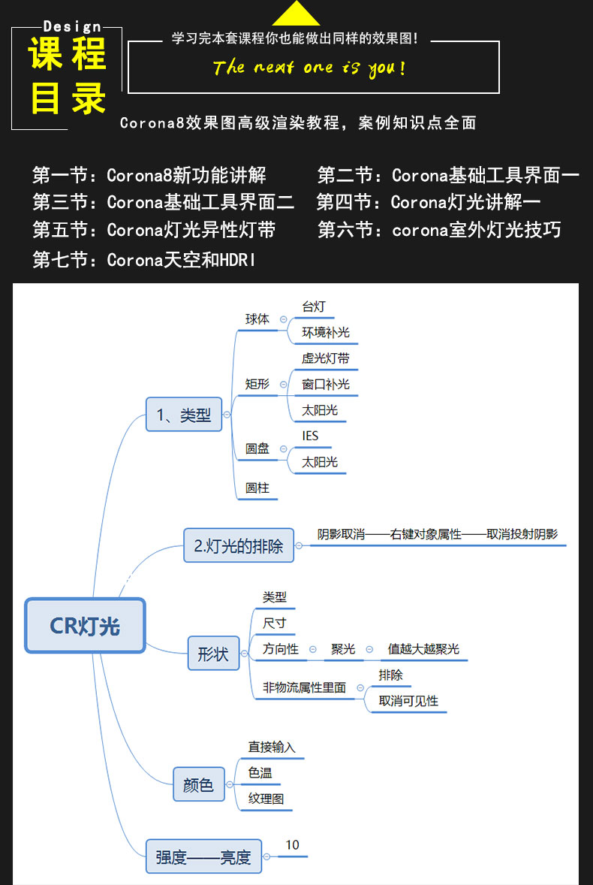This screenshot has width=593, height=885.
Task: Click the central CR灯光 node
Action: pyautogui.click(x=85, y=626)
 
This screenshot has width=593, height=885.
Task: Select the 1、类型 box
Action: pyautogui.click(x=184, y=415)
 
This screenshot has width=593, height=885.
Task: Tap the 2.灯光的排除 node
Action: pyautogui.click(x=239, y=545)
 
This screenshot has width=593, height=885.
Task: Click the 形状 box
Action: pyautogui.click(x=213, y=654)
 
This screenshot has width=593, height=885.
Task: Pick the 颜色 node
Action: pyautogui.click(x=198, y=784)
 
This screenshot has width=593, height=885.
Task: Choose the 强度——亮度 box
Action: pyautogui.click(x=203, y=856)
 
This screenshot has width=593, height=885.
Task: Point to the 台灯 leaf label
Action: pyautogui.click(x=314, y=307)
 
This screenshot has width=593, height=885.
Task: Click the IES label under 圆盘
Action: pyautogui.click(x=310, y=436)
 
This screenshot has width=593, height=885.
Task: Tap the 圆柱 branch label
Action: pyautogui.click(x=257, y=488)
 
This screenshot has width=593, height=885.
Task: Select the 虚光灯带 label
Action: pyautogui.click(x=326, y=358)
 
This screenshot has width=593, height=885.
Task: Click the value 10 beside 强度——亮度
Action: pyautogui.click(x=292, y=845)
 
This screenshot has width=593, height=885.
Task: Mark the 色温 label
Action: pyautogui.click(x=260, y=772)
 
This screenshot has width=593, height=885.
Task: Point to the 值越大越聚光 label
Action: pyautogui.click(x=423, y=649)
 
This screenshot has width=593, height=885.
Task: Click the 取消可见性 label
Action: pyautogui.click(x=408, y=701)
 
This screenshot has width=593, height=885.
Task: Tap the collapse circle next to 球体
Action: pyautogui.click(x=284, y=319)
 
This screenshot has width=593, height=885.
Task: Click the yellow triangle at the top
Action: pyautogui.click(x=296, y=14)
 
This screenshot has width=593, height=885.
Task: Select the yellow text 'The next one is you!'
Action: pyautogui.click(x=309, y=68)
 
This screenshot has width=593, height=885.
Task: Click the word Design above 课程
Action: pyautogui.click(x=72, y=26)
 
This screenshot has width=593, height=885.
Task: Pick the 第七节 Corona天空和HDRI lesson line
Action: pyautogui.click(x=144, y=260)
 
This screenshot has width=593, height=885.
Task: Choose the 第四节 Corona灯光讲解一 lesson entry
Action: pyautogui.click(x=429, y=201)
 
